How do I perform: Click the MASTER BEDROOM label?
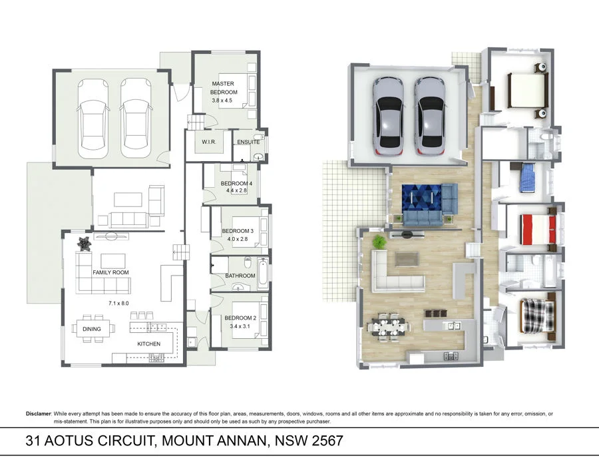224,88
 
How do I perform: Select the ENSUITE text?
248,142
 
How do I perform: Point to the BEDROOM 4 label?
237,183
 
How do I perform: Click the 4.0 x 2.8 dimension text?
237,239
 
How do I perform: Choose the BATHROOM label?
240,276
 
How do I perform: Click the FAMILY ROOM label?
110,273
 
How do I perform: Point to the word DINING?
92,329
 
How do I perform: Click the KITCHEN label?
148,344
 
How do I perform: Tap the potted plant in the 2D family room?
84,244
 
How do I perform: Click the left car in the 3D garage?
387,114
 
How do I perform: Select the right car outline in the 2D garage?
137,117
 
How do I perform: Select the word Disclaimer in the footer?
39,413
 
